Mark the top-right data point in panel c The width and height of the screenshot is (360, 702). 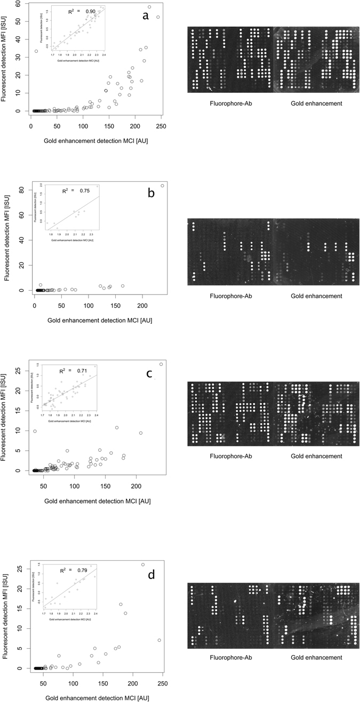point(161,364)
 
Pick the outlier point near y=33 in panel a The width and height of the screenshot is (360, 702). point(36,51)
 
